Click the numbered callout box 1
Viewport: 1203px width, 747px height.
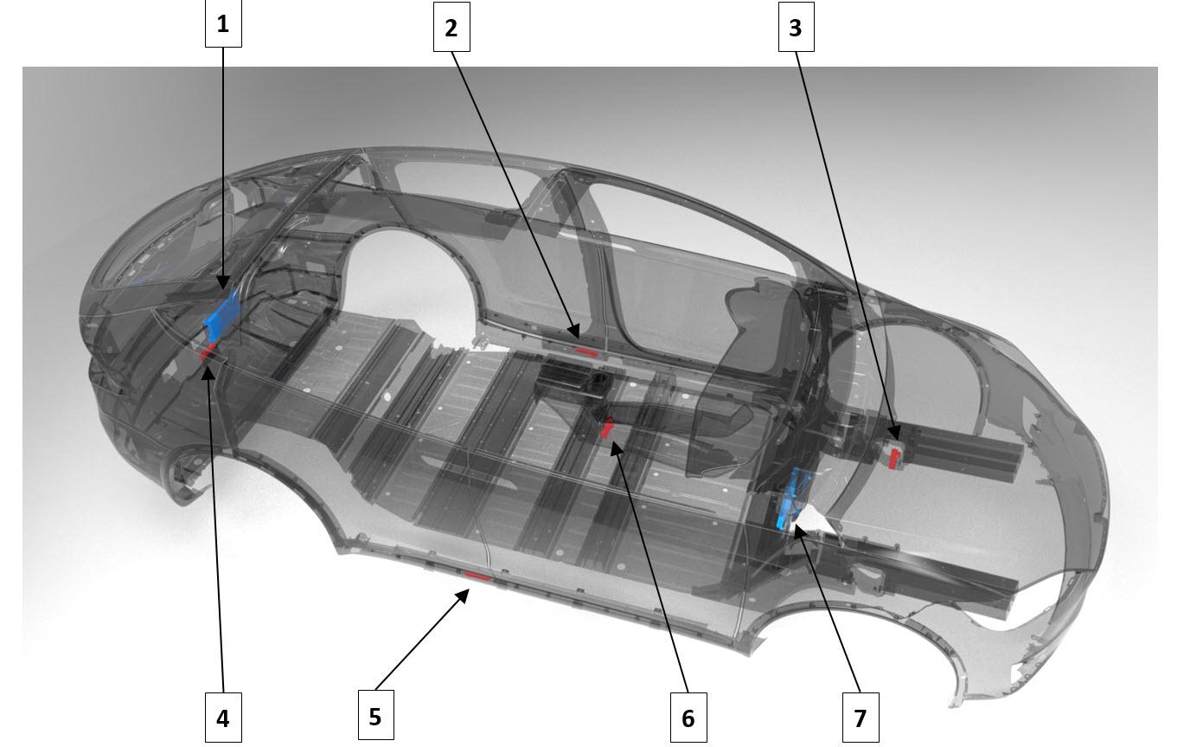click(223, 23)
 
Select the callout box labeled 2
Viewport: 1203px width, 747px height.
click(451, 28)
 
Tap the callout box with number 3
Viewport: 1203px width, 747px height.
click(797, 28)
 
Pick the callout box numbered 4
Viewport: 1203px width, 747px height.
click(223, 718)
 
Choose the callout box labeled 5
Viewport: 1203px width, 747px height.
click(376, 715)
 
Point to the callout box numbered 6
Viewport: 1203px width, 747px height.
click(688, 718)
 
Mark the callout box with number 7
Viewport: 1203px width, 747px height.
click(861, 718)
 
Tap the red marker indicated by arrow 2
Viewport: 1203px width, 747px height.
click(586, 352)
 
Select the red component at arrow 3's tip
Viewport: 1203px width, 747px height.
click(894, 460)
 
